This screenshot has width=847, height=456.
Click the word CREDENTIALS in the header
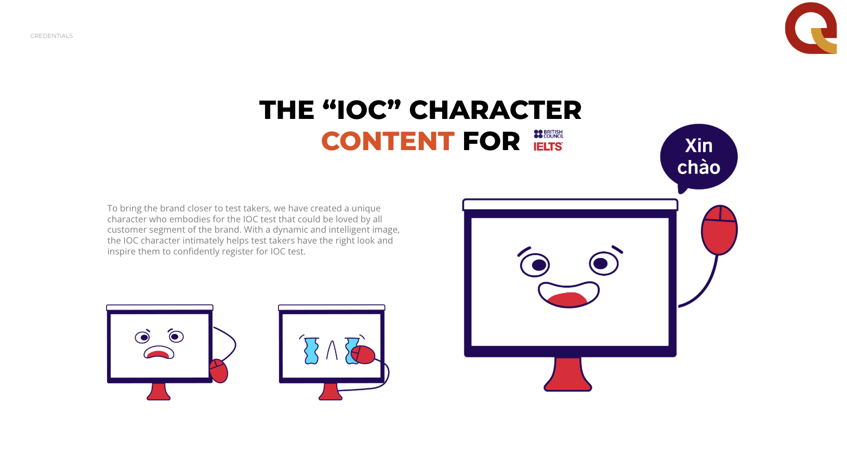point(51,36)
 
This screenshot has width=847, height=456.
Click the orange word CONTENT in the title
point(388,141)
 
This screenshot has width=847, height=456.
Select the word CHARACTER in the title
point(495,110)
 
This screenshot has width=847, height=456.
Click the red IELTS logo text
point(548,146)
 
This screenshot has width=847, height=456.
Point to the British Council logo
point(548,134)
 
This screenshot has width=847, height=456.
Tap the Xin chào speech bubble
point(699,157)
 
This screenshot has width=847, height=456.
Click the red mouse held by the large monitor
point(719,230)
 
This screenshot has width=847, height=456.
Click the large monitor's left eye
point(535,265)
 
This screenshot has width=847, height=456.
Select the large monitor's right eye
point(604,263)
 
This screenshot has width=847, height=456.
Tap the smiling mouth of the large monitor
point(568,294)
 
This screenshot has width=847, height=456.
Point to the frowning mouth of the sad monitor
point(159,352)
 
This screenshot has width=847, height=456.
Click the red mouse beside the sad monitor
point(219,371)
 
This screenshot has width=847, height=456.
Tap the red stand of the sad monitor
point(159,392)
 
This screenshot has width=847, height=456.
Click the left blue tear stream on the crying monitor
point(312,351)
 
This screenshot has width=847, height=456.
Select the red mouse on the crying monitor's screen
point(363,355)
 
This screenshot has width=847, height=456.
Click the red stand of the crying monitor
point(330,392)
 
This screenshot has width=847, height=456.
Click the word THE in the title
point(287,110)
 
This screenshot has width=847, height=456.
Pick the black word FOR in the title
point(491,141)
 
